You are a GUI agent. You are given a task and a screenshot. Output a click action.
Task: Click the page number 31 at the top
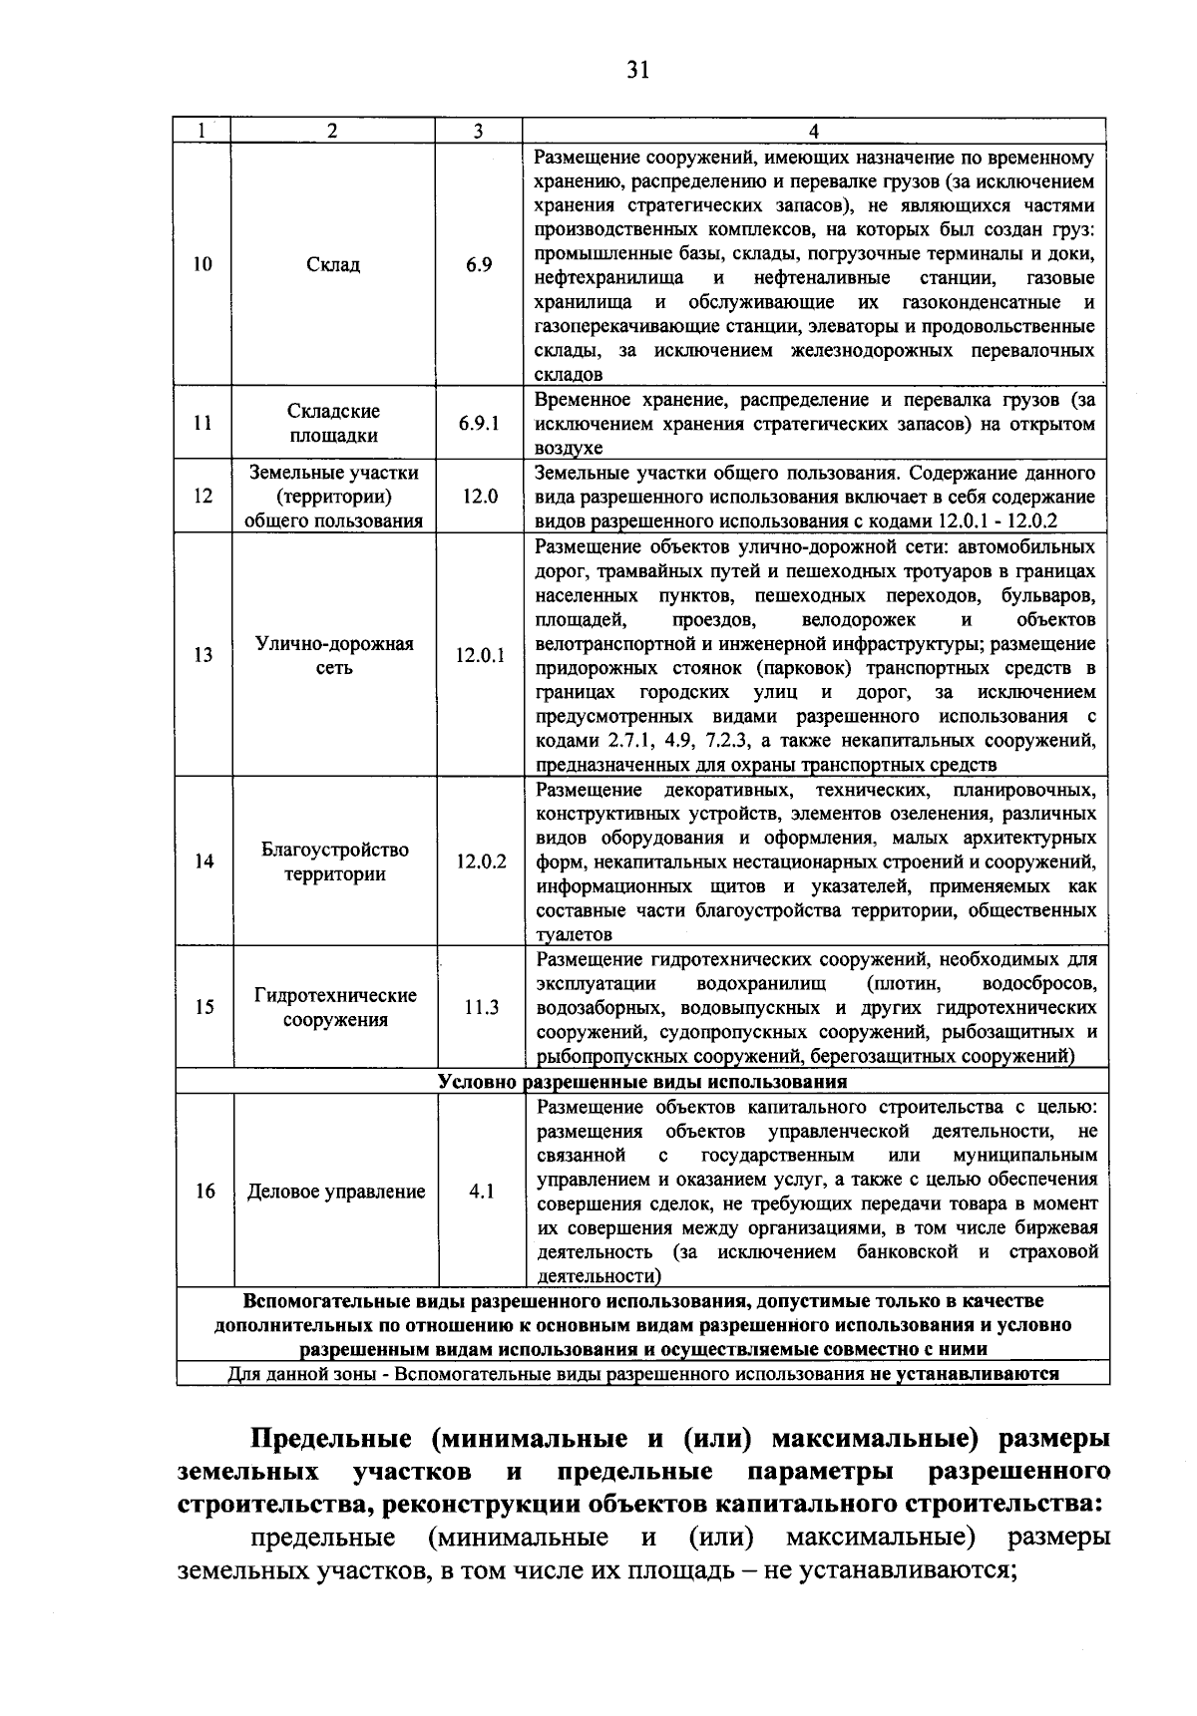(x=638, y=70)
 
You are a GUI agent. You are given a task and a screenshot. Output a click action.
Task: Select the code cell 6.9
(x=479, y=265)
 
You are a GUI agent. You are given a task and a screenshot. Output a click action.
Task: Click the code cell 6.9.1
(x=479, y=424)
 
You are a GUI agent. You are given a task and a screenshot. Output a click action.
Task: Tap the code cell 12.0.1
(x=480, y=656)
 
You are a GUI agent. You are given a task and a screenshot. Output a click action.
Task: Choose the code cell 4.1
(x=481, y=1192)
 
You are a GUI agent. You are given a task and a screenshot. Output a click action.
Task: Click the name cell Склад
(x=334, y=265)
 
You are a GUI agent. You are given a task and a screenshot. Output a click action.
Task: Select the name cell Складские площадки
(x=334, y=424)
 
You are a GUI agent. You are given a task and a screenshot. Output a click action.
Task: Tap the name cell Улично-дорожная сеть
(x=334, y=656)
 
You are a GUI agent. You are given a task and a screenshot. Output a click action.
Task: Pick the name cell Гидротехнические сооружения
(x=334, y=1008)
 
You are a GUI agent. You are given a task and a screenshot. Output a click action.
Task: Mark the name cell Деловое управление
(x=336, y=1192)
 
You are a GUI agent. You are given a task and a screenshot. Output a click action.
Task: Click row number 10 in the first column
(x=202, y=265)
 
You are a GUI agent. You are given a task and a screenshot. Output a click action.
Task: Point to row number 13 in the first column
(x=203, y=656)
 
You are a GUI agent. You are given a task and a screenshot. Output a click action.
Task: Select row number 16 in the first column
(x=204, y=1192)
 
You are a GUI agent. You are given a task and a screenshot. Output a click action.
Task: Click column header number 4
(x=814, y=132)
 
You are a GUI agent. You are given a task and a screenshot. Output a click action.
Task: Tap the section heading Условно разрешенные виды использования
(x=642, y=1082)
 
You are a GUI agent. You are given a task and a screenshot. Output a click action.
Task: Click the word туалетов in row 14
(x=575, y=935)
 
